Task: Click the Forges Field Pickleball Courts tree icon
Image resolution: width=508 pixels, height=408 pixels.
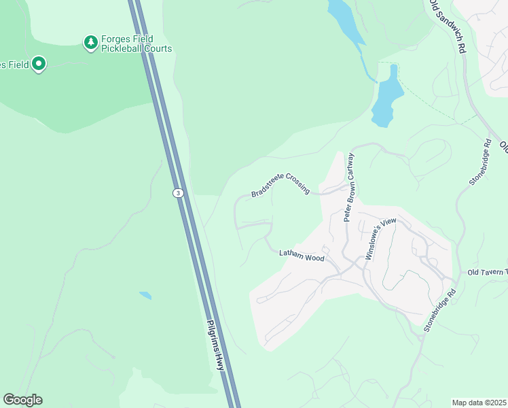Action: (90, 44)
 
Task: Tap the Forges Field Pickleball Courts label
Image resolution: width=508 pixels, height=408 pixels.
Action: (137, 44)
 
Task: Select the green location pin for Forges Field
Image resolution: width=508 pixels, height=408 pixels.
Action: (39, 65)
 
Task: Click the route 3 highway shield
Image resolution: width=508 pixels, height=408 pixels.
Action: (177, 193)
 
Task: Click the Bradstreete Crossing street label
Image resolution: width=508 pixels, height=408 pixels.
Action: (280, 184)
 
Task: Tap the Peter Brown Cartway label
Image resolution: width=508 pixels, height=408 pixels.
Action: (349, 186)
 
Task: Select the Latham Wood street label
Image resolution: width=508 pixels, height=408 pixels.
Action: (302, 255)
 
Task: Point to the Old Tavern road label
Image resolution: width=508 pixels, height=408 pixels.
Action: (488, 273)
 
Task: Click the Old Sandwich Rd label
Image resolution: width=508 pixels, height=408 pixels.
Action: (449, 27)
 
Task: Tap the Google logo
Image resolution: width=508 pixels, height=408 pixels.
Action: (22, 400)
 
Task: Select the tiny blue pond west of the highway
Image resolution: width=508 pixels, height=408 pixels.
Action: (145, 296)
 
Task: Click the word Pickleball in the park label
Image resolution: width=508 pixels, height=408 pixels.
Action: (126, 49)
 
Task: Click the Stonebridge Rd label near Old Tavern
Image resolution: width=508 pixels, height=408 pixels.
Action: (439, 311)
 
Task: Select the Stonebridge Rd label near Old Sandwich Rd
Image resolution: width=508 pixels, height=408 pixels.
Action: (479, 163)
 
